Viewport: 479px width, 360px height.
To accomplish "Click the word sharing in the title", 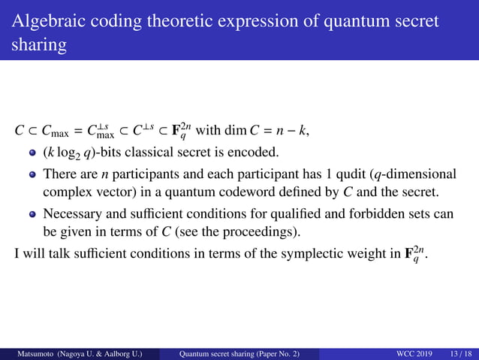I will pyautogui.click(x=38, y=45).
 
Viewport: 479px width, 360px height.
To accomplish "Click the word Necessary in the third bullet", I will pyautogui.click(x=73, y=214).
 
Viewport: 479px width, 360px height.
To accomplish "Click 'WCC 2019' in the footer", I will pyautogui.click(x=410, y=354).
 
